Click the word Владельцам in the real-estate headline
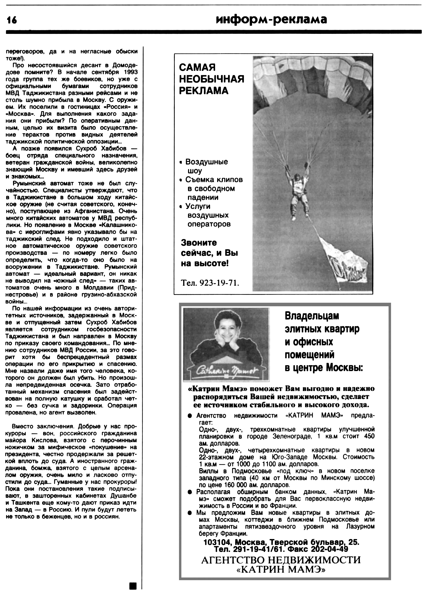[x=312, y=316]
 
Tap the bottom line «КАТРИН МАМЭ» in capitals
[x=281, y=570]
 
